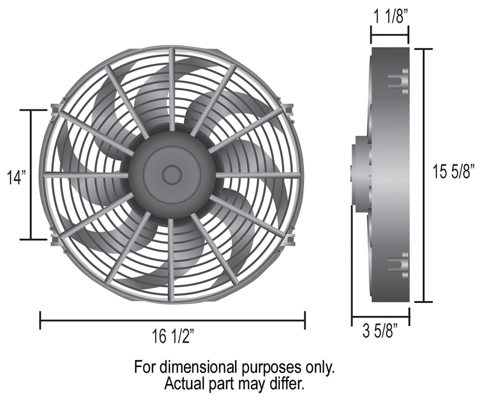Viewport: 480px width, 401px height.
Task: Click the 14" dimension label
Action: point(16,177)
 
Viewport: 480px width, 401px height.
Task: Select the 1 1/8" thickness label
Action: point(390,17)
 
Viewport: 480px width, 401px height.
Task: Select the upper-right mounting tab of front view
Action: point(289,109)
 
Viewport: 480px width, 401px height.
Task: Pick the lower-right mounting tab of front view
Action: point(290,239)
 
